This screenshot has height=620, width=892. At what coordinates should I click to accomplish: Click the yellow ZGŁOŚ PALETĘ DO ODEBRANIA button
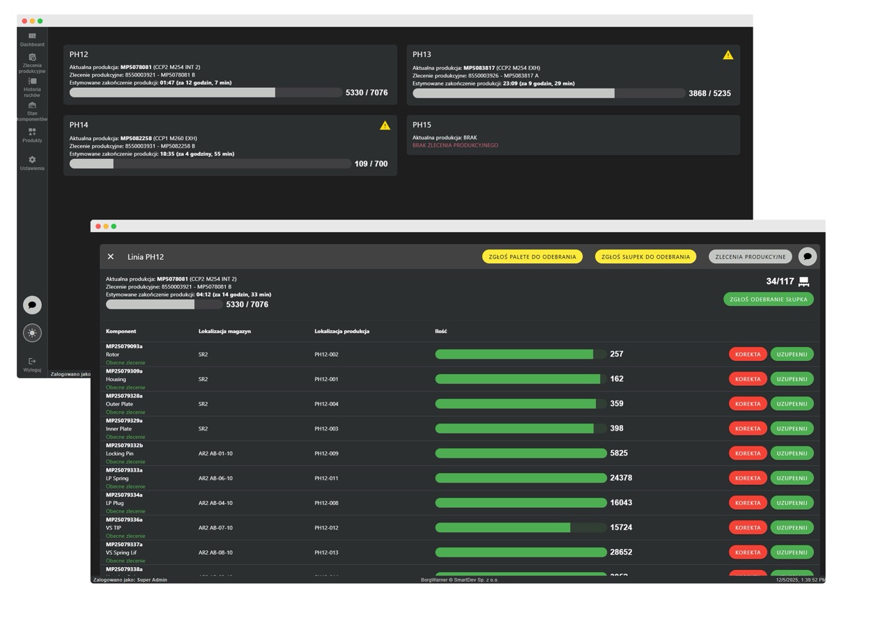pos(532,257)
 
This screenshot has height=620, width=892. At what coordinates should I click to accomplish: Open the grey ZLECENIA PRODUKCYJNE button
pos(750,257)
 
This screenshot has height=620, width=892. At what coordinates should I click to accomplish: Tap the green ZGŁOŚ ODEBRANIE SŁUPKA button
pos(768,300)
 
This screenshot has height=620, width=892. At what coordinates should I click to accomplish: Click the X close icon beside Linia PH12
pos(111,257)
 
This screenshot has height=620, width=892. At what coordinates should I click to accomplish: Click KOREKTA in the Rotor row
pos(748,355)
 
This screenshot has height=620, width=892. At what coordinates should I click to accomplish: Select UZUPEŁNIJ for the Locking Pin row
pos(792,454)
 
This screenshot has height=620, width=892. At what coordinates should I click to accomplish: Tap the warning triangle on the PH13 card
pos(728,55)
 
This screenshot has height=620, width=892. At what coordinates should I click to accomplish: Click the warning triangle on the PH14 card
pos(385,125)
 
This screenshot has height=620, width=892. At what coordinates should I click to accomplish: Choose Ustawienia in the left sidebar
pos(32,163)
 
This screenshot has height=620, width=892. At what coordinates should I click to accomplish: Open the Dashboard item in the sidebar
pos(32,39)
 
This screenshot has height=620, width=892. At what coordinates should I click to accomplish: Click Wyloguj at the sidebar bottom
pos(32,364)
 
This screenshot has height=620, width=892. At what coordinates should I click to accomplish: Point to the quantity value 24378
pos(621,478)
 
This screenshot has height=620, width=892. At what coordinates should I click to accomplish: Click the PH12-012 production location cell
pos(326,528)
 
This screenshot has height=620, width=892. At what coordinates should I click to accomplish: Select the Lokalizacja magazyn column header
pos(224,332)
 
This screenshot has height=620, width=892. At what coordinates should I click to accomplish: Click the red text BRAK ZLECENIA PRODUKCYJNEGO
pos(455,146)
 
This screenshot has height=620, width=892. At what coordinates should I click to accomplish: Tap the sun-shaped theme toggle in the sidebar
pos(32,333)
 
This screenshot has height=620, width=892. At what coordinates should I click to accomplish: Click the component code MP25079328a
pos(124,396)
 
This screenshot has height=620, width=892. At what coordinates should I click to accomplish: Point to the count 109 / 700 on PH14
pos(371,164)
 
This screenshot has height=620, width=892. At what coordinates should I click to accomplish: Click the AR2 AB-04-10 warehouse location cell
pos(215,503)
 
